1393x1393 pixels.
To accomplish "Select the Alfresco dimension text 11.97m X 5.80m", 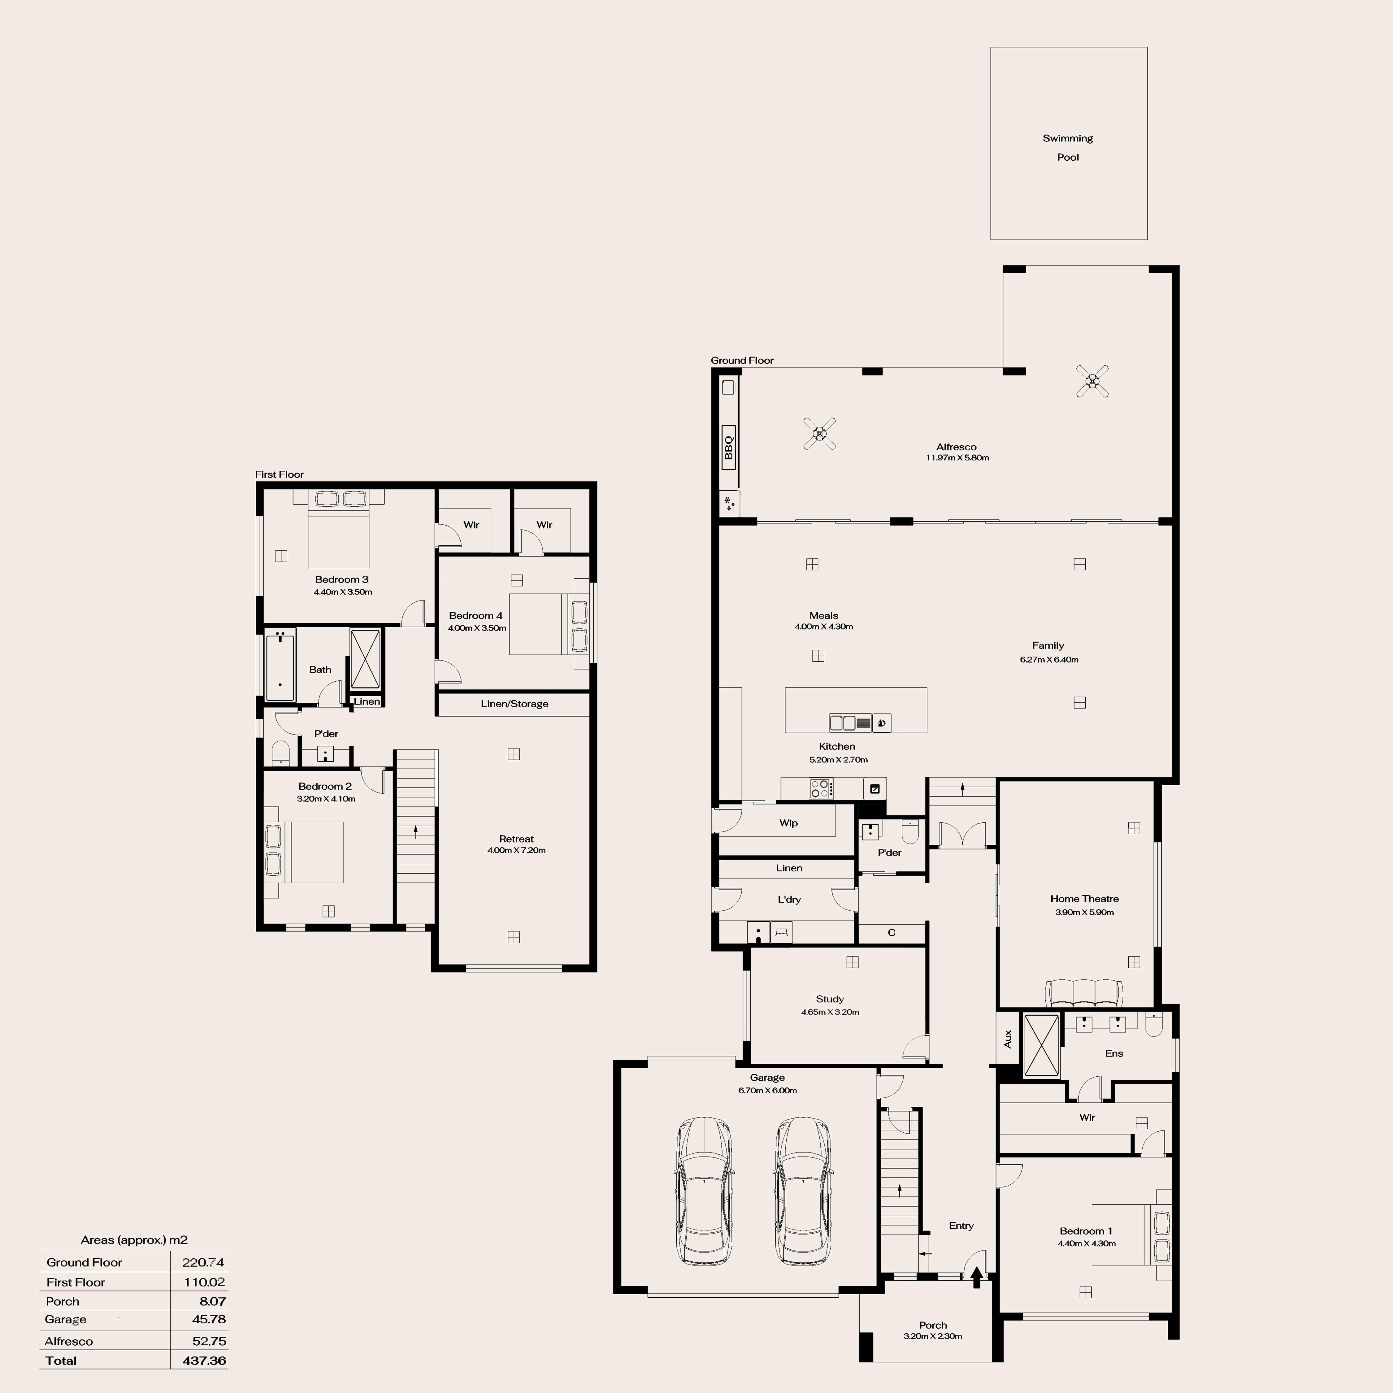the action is click(957, 458).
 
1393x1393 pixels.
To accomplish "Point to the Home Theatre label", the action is click(1084, 898).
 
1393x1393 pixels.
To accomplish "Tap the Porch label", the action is click(933, 1325).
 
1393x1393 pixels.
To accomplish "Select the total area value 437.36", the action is click(204, 1360).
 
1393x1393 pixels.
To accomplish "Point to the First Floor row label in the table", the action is click(76, 1282).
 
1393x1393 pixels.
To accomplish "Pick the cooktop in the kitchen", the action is click(821, 788).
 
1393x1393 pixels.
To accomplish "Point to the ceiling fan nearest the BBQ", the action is click(820, 433).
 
